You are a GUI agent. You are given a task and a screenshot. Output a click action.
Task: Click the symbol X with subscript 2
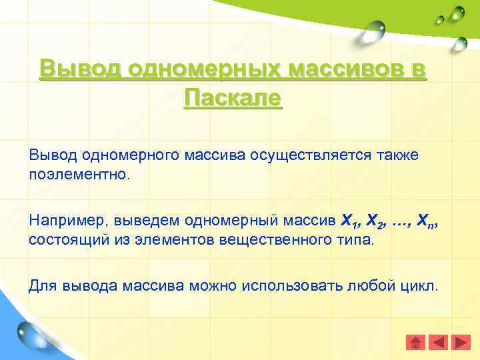click(x=378, y=219)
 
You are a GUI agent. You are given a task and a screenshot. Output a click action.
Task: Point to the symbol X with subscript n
click(x=434, y=219)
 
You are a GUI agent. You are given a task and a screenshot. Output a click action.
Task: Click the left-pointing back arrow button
click(x=438, y=343)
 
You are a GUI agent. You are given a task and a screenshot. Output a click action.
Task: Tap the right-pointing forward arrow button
click(x=461, y=343)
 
